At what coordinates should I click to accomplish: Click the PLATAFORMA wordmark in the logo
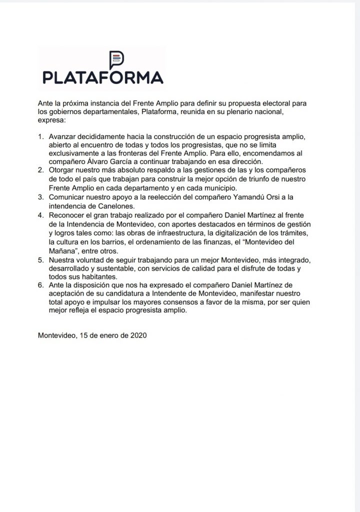pyautogui.click(x=103, y=77)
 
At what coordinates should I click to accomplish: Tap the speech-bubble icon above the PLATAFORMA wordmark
pyautogui.click(x=116, y=59)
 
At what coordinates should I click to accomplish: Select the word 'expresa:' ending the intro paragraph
pyautogui.click(x=52, y=120)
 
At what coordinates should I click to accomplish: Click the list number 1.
pyautogui.click(x=41, y=136)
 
